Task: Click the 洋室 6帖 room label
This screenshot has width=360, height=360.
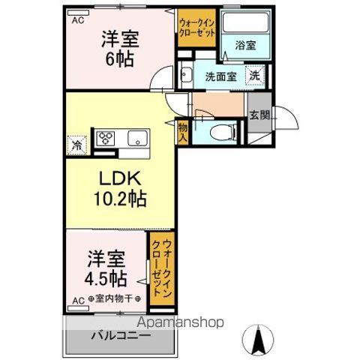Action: [x=118, y=47]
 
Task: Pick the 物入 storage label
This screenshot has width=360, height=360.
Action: [x=182, y=133]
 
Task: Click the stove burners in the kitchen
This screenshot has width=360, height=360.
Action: [x=105, y=138]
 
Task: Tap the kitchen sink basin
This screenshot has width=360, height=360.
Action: [x=136, y=138]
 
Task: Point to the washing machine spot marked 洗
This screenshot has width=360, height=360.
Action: [x=255, y=75]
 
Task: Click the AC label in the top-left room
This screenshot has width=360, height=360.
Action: [x=77, y=21]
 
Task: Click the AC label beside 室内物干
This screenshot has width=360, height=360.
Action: [x=77, y=301]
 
